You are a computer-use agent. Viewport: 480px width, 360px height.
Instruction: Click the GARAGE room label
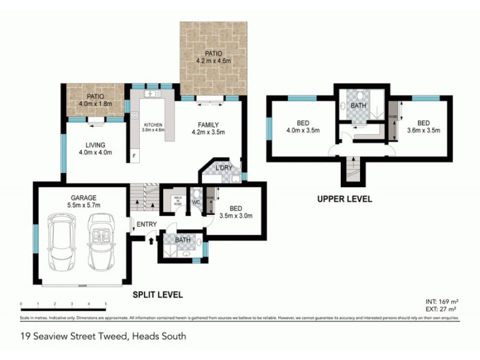(82, 197)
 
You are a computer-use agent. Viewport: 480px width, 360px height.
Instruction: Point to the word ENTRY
(146, 225)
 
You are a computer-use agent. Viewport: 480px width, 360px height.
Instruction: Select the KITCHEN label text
(154, 125)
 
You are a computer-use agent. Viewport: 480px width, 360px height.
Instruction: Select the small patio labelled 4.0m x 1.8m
(95, 103)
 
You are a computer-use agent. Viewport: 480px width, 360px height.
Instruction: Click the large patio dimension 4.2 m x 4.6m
(213, 61)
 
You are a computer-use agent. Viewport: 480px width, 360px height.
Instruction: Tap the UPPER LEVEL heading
(346, 199)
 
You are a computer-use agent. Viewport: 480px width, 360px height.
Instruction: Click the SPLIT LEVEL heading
(157, 295)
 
